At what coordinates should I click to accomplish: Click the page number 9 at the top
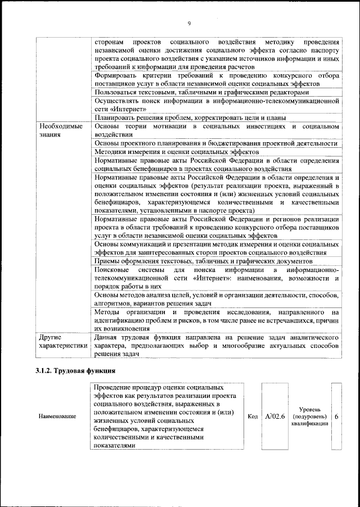189,23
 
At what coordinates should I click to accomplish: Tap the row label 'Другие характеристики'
61,342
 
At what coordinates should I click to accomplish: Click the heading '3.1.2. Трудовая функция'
76,371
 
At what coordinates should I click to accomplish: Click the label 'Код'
253,417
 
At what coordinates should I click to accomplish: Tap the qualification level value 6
336,417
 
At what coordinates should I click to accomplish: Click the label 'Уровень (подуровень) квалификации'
310,417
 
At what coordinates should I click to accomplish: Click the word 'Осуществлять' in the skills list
120,101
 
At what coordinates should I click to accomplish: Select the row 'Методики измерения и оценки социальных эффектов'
176,152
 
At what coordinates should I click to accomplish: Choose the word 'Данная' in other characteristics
107,337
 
